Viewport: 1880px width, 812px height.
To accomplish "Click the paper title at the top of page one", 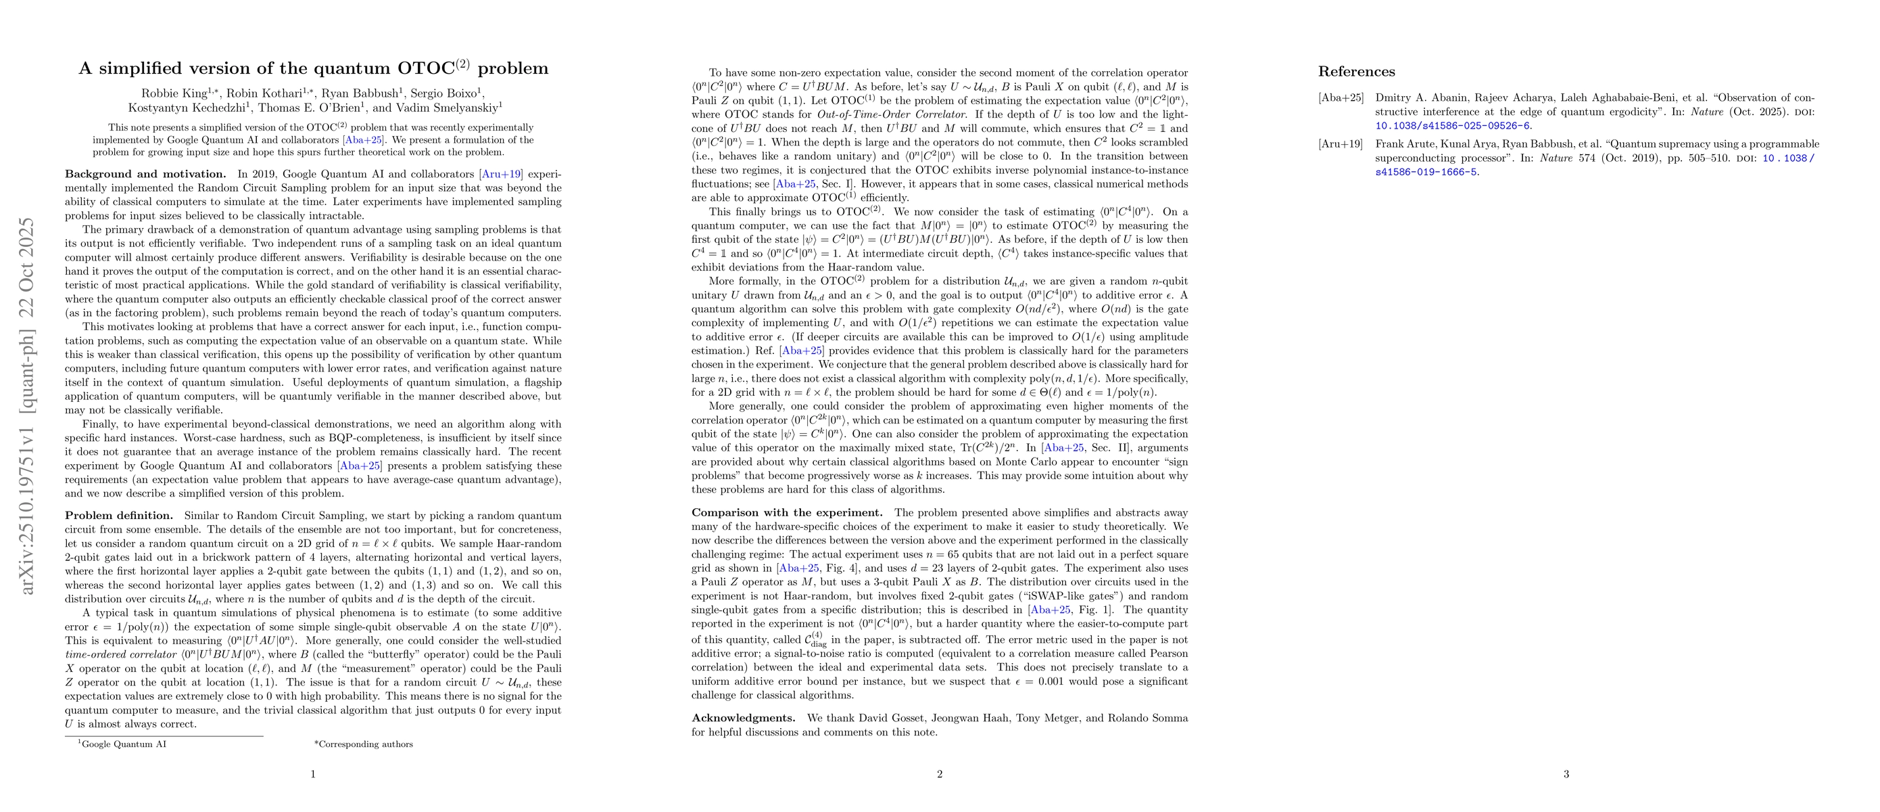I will pyautogui.click(x=313, y=68).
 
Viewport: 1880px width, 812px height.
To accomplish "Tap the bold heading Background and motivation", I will pyautogui.click(x=145, y=174).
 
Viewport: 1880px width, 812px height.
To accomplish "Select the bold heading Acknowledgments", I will pyautogui.click(x=743, y=718).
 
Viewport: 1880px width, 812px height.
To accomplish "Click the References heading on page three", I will pyautogui.click(x=1356, y=72).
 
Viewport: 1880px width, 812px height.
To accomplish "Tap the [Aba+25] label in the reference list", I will pyautogui.click(x=1340, y=98).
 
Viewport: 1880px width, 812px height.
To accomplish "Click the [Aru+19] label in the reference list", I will pyautogui.click(x=1340, y=145).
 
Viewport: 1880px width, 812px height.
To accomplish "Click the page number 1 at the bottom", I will pyautogui.click(x=313, y=774).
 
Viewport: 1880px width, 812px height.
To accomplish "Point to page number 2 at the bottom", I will pyautogui.click(x=939, y=774).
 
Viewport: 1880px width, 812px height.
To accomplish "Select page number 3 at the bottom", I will pyautogui.click(x=1566, y=774).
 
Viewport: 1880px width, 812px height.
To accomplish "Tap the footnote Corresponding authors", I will pyautogui.click(x=365, y=745).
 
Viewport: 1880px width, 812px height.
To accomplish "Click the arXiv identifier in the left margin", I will pyautogui.click(x=27, y=405).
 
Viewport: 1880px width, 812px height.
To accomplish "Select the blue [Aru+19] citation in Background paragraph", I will pyautogui.click(x=501, y=174).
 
